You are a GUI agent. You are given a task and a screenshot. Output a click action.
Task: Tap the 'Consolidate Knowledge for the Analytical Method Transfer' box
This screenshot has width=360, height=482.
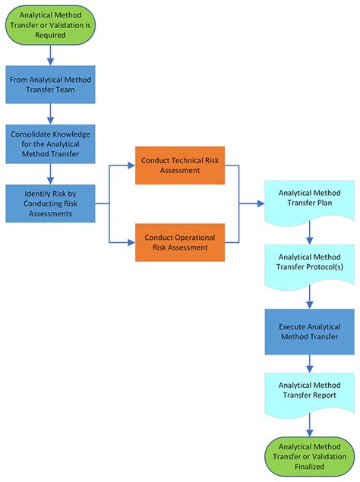point(50,143)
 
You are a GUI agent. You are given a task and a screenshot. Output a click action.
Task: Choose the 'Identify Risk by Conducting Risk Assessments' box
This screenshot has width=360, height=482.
point(50,203)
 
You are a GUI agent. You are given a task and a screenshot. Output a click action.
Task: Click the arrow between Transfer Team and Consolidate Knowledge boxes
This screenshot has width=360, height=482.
point(50,114)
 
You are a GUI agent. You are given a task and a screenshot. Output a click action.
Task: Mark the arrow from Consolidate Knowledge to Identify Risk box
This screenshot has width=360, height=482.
point(50,174)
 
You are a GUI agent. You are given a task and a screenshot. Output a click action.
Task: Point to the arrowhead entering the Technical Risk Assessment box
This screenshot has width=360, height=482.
point(131,165)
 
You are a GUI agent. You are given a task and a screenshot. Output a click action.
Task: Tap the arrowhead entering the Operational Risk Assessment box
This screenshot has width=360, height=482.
point(131,242)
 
